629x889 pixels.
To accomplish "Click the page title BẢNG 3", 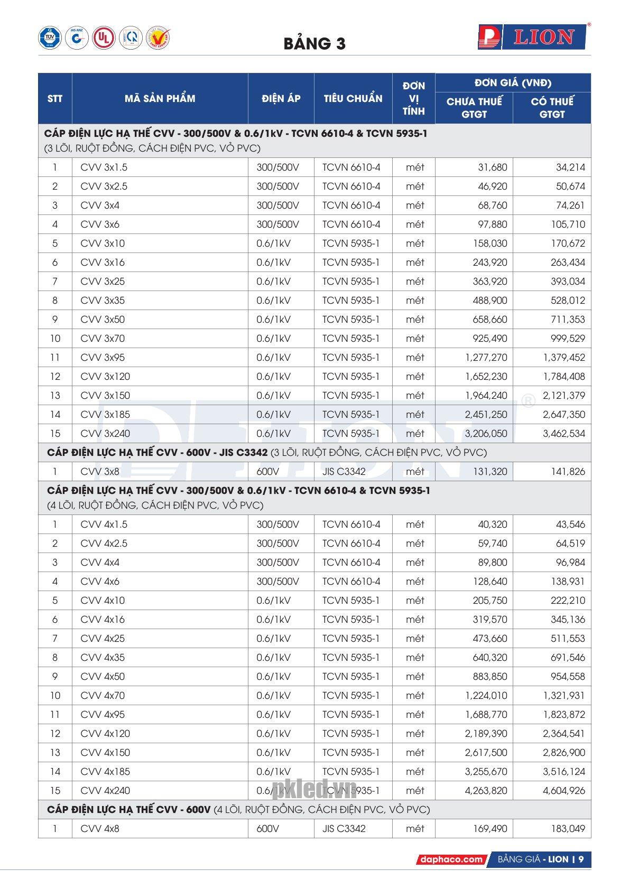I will click(314, 43).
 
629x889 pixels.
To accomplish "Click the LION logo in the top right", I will click(534, 38).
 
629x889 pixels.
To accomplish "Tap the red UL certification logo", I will click(104, 38).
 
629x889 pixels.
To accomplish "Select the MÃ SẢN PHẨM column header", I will click(160, 98).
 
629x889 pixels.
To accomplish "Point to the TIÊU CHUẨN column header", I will click(353, 98).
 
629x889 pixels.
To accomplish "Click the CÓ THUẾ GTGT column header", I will click(552, 107).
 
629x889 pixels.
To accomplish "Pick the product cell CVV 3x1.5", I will click(104, 167).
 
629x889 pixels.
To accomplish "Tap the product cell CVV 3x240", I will click(105, 434).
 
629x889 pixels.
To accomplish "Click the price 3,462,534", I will click(564, 434).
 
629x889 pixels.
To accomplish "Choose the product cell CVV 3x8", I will click(100, 472).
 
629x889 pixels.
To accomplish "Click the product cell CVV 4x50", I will click(103, 677).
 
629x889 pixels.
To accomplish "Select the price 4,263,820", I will click(486, 791).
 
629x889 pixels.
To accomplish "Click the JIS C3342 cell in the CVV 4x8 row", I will click(344, 829).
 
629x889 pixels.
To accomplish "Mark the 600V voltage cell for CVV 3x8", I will click(267, 472).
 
